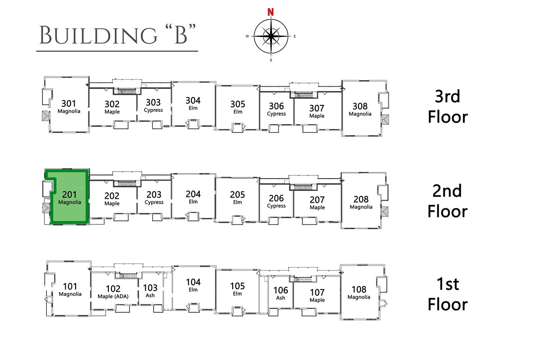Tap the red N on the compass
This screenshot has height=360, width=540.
click(x=270, y=12)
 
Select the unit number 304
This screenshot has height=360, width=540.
click(x=193, y=100)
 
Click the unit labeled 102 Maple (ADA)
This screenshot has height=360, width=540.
click(x=113, y=292)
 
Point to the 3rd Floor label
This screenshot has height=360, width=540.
click(x=448, y=106)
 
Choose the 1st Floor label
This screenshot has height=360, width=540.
click(x=448, y=294)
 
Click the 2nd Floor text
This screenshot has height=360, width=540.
click(x=448, y=200)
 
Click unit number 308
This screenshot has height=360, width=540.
click(x=360, y=106)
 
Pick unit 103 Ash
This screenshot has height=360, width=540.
click(x=150, y=290)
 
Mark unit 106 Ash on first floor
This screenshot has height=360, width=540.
click(x=281, y=293)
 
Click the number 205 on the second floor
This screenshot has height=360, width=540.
click(x=238, y=195)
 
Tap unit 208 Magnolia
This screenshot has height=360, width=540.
click(x=361, y=202)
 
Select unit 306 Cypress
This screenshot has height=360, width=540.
click(x=276, y=109)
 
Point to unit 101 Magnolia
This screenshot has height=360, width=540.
click(x=70, y=289)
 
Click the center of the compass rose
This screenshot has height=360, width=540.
click(x=270, y=36)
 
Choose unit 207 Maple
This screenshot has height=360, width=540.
click(x=317, y=202)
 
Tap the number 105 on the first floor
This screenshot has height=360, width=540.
click(x=238, y=286)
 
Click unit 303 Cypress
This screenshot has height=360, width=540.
click(x=153, y=105)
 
